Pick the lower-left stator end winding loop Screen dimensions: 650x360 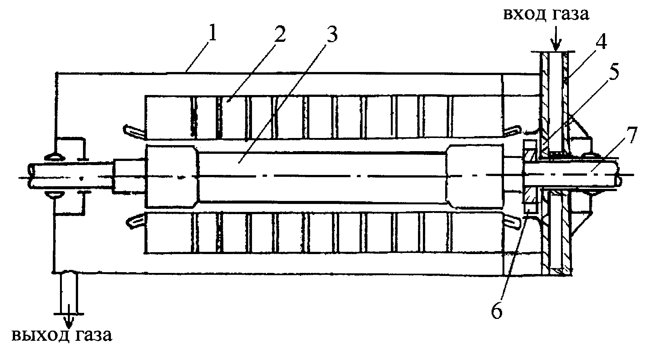(134, 220)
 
